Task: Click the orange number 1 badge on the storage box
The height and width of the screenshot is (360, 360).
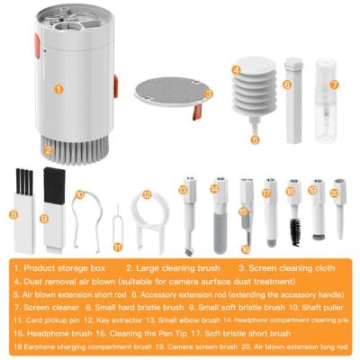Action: click(57, 89)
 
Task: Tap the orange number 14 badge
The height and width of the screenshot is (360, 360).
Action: click(214, 188)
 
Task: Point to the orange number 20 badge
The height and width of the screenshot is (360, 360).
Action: click(334, 192)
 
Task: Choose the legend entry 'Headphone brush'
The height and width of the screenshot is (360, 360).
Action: click(49, 332)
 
